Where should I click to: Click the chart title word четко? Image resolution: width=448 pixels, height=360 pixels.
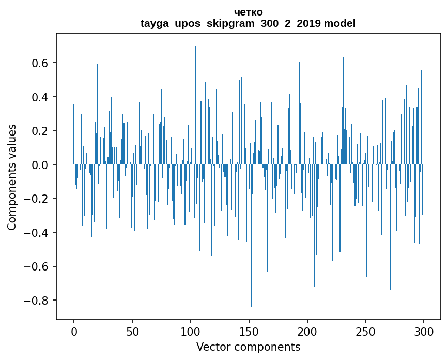coord(248,12)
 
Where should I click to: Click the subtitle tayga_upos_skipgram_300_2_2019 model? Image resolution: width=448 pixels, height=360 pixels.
coord(248,23)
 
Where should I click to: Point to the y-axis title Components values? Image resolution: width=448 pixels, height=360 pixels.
coord(11,177)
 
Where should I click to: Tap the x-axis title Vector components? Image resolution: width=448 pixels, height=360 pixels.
coord(248,347)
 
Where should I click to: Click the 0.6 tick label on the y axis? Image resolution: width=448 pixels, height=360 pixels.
coord(40,63)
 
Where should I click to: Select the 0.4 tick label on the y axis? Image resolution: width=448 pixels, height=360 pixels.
coord(40,97)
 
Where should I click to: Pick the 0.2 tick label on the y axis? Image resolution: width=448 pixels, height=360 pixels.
coord(40,131)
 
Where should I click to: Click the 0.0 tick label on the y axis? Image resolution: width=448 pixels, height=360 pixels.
coord(40,165)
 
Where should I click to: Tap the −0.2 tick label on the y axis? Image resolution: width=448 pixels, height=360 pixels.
coord(37,199)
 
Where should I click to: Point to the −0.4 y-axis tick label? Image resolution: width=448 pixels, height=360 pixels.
coord(37,233)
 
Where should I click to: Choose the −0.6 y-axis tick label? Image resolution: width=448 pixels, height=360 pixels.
coord(37,266)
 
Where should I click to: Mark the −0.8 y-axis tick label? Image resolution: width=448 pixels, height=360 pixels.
coord(37,301)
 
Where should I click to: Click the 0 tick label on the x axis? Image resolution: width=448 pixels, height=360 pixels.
coord(74,331)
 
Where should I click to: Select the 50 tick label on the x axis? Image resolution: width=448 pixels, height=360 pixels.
coord(132,331)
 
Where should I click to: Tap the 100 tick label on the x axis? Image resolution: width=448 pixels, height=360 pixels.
coord(191,331)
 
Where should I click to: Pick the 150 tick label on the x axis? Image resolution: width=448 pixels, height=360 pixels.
coord(249,331)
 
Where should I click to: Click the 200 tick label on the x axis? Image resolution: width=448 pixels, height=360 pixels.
coord(307,331)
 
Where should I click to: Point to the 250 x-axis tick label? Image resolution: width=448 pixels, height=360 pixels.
coord(366,331)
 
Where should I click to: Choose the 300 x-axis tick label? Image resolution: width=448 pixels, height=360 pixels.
coord(424,331)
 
